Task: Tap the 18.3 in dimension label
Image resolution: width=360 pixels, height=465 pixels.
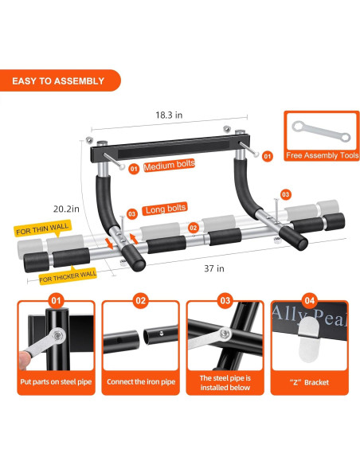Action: [169, 115]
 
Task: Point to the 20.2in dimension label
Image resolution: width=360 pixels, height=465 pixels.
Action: [66, 209]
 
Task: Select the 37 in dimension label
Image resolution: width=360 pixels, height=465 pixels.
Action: [214, 268]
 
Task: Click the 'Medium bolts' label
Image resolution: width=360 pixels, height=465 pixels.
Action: [169, 165]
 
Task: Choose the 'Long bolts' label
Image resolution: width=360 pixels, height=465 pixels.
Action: [165, 209]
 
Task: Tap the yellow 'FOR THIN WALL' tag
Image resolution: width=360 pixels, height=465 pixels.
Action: [42, 229]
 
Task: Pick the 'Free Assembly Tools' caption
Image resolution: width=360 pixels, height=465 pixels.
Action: [322, 155]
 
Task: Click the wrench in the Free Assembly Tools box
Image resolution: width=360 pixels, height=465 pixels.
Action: [321, 131]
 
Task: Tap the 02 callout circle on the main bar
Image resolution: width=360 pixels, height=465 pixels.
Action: [193, 228]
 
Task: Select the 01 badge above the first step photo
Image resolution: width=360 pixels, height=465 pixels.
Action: [56, 301]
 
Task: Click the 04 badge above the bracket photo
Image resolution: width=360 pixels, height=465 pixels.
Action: [309, 301]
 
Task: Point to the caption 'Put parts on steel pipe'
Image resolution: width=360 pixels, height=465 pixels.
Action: [56, 382]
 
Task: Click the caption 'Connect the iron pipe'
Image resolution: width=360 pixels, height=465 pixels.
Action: [141, 382]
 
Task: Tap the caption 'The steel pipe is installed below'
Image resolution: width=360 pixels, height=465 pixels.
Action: [225, 383]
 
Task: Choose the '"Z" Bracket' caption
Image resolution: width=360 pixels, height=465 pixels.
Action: [309, 382]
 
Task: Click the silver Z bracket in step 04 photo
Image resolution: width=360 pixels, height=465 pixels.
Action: [309, 339]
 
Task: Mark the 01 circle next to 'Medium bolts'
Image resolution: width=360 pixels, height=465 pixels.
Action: [134, 169]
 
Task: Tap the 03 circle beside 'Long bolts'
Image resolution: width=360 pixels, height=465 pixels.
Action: [131, 214]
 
